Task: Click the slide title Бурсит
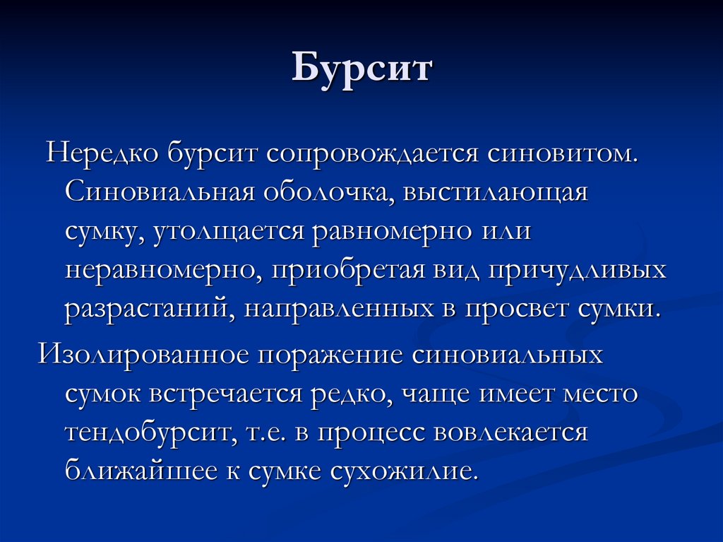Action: click(x=361, y=71)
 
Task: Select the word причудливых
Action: click(x=584, y=271)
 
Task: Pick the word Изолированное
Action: click(x=144, y=353)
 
